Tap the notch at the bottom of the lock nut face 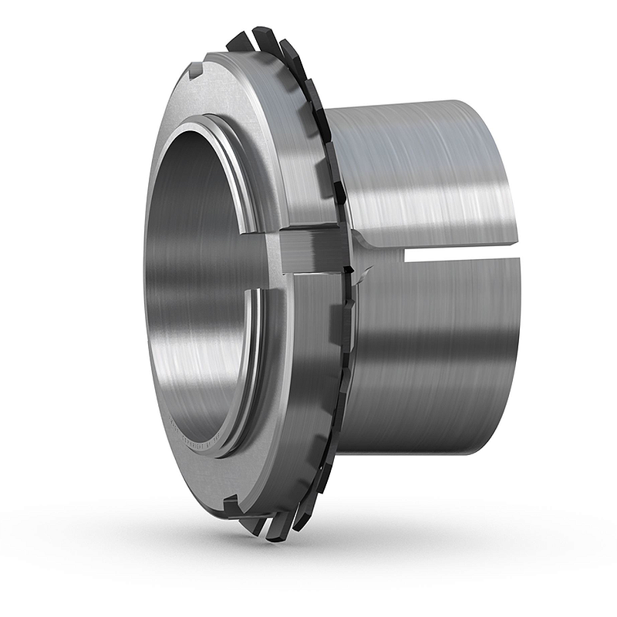(230, 505)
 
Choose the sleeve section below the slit (432, 355)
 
